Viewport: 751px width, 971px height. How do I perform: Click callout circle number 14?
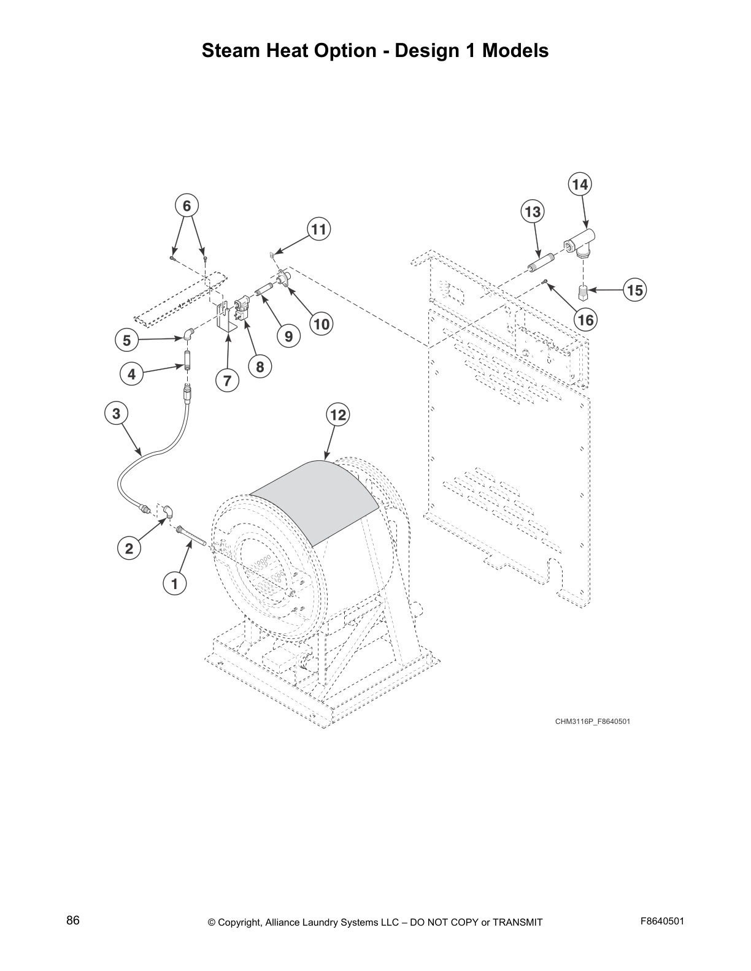pyautogui.click(x=580, y=185)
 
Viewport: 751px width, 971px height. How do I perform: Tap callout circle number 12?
pyautogui.click(x=338, y=415)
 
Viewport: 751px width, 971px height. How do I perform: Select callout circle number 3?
pyautogui.click(x=117, y=413)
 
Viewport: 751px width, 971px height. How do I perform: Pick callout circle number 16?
pyautogui.click(x=586, y=319)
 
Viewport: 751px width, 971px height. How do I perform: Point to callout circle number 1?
pyautogui.click(x=174, y=584)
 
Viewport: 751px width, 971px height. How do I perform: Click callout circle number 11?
pyautogui.click(x=318, y=230)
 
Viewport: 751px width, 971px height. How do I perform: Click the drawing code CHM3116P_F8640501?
pyautogui.click(x=592, y=722)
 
